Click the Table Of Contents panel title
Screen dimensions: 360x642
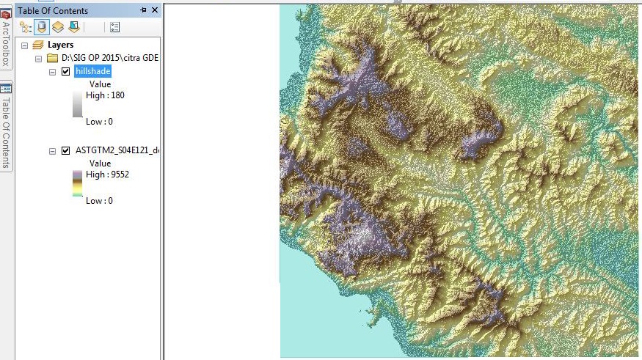click(53, 11)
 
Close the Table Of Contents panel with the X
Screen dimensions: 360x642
click(154, 10)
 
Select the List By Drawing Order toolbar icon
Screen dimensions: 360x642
click(26, 27)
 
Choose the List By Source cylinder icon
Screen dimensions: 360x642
click(42, 27)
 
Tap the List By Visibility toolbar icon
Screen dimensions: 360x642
click(57, 27)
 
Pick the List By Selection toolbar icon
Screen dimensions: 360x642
click(73, 27)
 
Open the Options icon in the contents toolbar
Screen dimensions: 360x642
click(114, 27)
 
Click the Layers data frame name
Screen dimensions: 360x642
click(60, 45)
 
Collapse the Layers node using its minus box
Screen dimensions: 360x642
click(24, 45)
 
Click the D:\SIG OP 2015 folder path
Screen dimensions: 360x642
click(110, 58)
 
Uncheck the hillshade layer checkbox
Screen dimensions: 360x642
click(66, 71)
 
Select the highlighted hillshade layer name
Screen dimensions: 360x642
click(92, 71)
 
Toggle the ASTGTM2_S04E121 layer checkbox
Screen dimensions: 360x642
click(66, 150)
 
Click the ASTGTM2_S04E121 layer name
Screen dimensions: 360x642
click(117, 150)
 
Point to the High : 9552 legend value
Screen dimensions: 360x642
click(108, 175)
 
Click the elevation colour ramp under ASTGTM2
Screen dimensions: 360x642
click(77, 183)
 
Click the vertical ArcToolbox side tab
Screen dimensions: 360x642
click(6, 40)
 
